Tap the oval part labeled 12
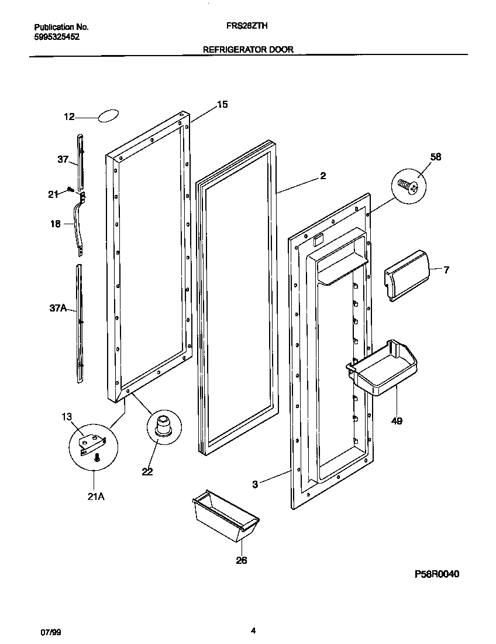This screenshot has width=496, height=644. click(109, 116)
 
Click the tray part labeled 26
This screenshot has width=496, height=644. click(226, 517)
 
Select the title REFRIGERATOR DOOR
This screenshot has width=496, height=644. click(247, 50)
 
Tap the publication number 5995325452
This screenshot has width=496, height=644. click(57, 36)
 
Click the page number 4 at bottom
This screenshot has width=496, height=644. click(253, 631)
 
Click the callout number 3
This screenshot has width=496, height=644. click(255, 484)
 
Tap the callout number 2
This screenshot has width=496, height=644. click(323, 176)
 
